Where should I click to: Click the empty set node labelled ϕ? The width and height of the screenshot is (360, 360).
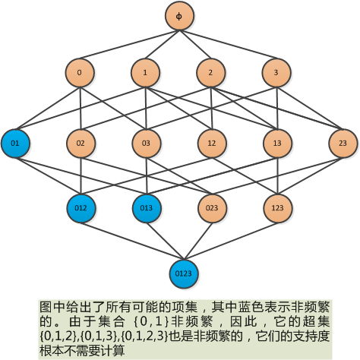click(179, 16)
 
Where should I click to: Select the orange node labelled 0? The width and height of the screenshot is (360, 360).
click(80, 73)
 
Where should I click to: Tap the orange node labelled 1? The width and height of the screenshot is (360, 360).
click(145, 73)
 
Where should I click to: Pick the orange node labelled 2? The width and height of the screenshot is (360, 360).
click(211, 73)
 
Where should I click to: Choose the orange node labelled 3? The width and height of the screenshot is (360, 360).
click(276, 73)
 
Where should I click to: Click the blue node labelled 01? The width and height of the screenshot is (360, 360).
click(15, 144)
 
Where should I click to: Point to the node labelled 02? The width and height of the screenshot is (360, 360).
click(81, 144)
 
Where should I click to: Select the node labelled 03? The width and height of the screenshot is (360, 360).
click(147, 144)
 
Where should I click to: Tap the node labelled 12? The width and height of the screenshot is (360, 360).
click(212, 144)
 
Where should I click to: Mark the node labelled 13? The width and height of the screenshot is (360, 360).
click(277, 144)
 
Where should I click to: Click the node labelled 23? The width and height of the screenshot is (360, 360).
click(343, 144)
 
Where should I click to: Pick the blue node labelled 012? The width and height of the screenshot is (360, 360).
click(81, 208)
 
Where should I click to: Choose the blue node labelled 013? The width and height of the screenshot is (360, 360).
click(147, 208)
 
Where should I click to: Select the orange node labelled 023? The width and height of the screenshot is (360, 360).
click(212, 208)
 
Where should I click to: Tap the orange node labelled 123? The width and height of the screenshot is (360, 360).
click(278, 208)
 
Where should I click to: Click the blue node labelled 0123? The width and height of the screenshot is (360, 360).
click(184, 274)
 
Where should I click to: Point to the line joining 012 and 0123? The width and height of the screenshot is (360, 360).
click(133, 241)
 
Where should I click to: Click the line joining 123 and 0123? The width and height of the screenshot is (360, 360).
click(231, 241)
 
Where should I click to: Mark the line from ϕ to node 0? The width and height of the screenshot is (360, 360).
click(130, 44)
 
